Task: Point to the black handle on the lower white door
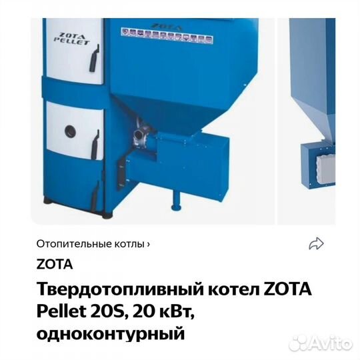click(x=95, y=141)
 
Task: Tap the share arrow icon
click(x=316, y=244)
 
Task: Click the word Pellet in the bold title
click(x=60, y=312)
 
